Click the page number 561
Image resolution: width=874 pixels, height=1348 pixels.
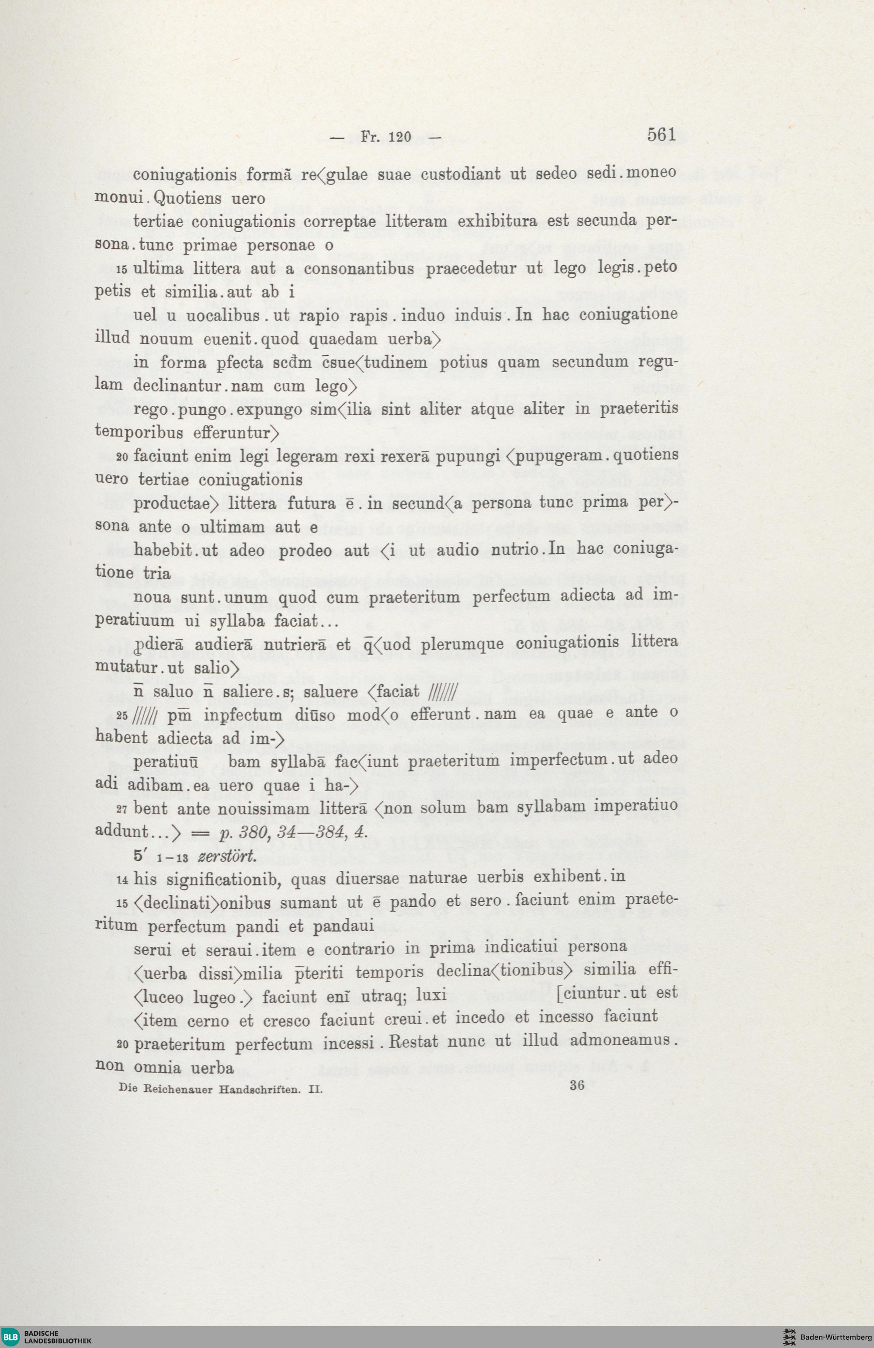click(x=661, y=135)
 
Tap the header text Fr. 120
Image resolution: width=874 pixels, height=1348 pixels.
click(x=385, y=136)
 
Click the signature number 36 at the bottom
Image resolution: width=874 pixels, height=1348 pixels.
click(x=577, y=1085)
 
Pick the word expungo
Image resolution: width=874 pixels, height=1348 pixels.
click(x=269, y=410)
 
